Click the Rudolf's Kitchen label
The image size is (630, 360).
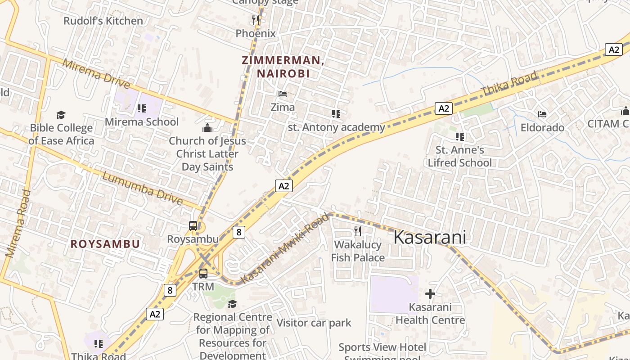click(x=103, y=21)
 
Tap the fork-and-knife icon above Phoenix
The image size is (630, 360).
click(x=256, y=20)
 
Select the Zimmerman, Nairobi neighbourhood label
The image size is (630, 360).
click(x=283, y=67)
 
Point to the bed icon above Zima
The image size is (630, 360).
click(x=283, y=94)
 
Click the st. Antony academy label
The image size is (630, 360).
click(x=336, y=127)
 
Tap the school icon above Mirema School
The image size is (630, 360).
click(x=142, y=108)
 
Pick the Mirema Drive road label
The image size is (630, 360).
click(x=96, y=74)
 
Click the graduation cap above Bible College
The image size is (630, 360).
click(x=61, y=115)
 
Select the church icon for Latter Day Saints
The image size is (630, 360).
click(x=207, y=128)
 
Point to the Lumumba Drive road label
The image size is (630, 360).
click(x=142, y=188)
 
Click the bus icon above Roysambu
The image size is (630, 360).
click(x=193, y=226)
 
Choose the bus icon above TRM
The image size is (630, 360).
click(x=203, y=274)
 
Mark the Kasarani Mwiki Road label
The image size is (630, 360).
click(x=285, y=249)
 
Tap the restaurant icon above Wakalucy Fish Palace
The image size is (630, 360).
click(x=358, y=231)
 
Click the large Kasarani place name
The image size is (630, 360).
click(x=429, y=238)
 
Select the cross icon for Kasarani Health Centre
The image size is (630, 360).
click(x=430, y=294)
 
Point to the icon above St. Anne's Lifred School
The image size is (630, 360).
click(x=459, y=137)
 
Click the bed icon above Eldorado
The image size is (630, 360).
click(x=542, y=114)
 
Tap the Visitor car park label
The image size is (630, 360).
click(x=314, y=323)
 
